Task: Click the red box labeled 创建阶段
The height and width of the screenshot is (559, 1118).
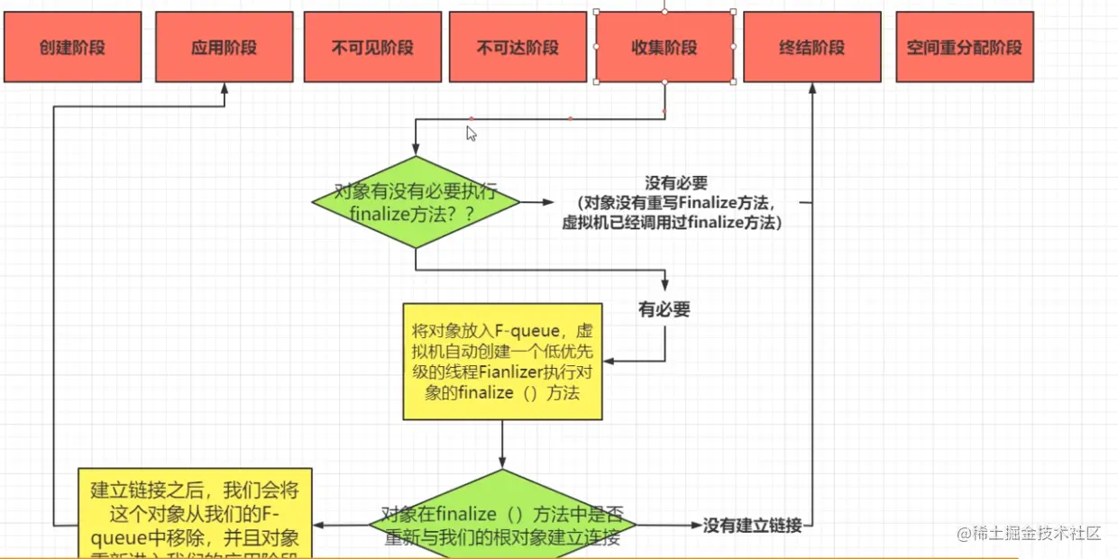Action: tap(72, 47)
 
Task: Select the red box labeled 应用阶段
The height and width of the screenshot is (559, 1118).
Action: tap(224, 47)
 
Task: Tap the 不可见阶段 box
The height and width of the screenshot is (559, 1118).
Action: tap(371, 47)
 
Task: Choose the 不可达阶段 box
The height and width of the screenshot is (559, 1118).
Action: tap(518, 47)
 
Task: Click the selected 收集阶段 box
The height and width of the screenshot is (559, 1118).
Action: tap(664, 47)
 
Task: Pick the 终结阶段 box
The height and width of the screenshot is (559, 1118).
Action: tap(811, 47)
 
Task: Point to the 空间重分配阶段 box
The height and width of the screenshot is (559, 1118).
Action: tap(964, 47)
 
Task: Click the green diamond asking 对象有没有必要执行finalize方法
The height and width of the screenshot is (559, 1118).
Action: tap(416, 202)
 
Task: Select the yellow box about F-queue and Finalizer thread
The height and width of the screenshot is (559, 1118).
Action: tap(501, 361)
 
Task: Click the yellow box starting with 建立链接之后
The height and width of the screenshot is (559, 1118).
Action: tap(195, 514)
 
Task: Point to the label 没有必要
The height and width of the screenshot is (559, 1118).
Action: tap(676, 183)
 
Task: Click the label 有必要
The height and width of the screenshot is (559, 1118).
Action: tap(664, 310)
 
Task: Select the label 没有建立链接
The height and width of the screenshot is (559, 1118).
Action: tap(752, 525)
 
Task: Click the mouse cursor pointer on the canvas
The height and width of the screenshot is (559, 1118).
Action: tap(471, 133)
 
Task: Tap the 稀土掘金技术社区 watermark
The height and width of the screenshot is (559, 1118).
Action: tap(1030, 533)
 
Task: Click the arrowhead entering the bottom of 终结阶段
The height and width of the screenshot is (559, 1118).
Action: tap(812, 88)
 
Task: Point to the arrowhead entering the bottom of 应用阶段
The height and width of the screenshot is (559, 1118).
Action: tap(224, 88)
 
